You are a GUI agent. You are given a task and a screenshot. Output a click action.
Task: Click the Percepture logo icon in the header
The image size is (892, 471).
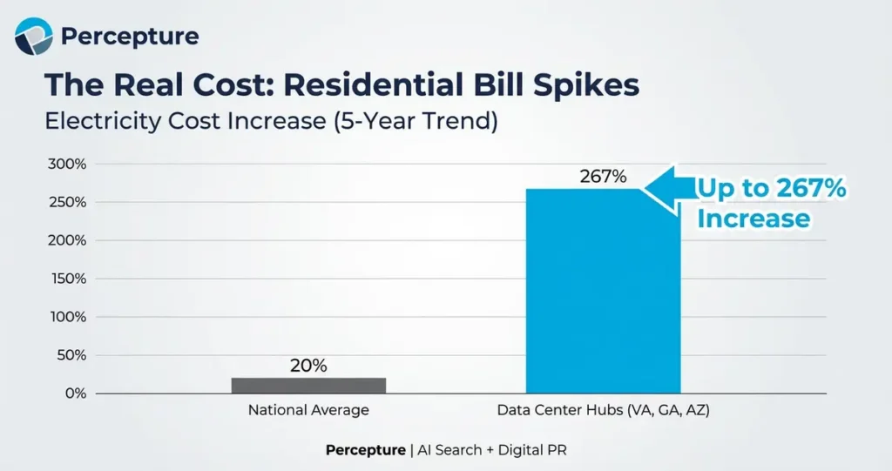point(34,37)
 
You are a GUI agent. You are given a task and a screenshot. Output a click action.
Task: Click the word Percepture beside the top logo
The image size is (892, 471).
point(130,37)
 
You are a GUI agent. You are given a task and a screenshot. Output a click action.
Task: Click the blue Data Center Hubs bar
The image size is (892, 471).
point(603,291)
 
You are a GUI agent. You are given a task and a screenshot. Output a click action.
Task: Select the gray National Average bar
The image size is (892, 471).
point(308,385)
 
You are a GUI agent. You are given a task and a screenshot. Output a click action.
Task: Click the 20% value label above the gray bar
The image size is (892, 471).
point(308,366)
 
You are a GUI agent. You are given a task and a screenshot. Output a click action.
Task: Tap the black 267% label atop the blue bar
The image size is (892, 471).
point(603,177)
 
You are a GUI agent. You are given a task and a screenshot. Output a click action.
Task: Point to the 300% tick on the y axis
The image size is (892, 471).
point(66,165)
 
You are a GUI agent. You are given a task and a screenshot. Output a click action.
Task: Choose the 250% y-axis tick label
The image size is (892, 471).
point(66,203)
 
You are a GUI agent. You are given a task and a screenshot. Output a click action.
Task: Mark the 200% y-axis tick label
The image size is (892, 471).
point(66,241)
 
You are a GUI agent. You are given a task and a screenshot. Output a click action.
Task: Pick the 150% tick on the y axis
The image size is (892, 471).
point(66,279)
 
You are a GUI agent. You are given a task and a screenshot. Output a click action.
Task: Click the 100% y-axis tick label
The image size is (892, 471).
point(66,317)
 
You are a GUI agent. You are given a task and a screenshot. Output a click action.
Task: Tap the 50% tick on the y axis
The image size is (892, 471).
point(70,355)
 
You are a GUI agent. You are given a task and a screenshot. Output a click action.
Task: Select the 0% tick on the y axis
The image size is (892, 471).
point(74,394)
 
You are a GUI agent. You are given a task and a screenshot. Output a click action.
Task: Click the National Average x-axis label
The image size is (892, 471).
point(308,410)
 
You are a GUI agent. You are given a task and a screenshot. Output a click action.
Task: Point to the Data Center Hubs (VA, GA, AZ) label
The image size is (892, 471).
point(603,410)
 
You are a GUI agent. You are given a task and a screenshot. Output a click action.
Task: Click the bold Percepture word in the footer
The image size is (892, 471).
point(365,450)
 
